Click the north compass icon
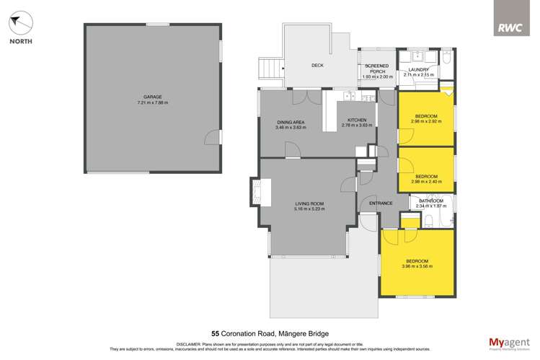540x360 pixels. (20, 23)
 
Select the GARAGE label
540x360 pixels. (151, 97)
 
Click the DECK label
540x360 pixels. (317, 66)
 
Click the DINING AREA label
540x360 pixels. (291, 123)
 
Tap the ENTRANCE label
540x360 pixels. (381, 203)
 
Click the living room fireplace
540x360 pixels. (258, 191)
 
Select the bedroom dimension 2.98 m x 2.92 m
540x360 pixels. (426, 121)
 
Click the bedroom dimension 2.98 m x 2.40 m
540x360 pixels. (426, 181)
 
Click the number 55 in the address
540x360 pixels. (215, 334)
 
